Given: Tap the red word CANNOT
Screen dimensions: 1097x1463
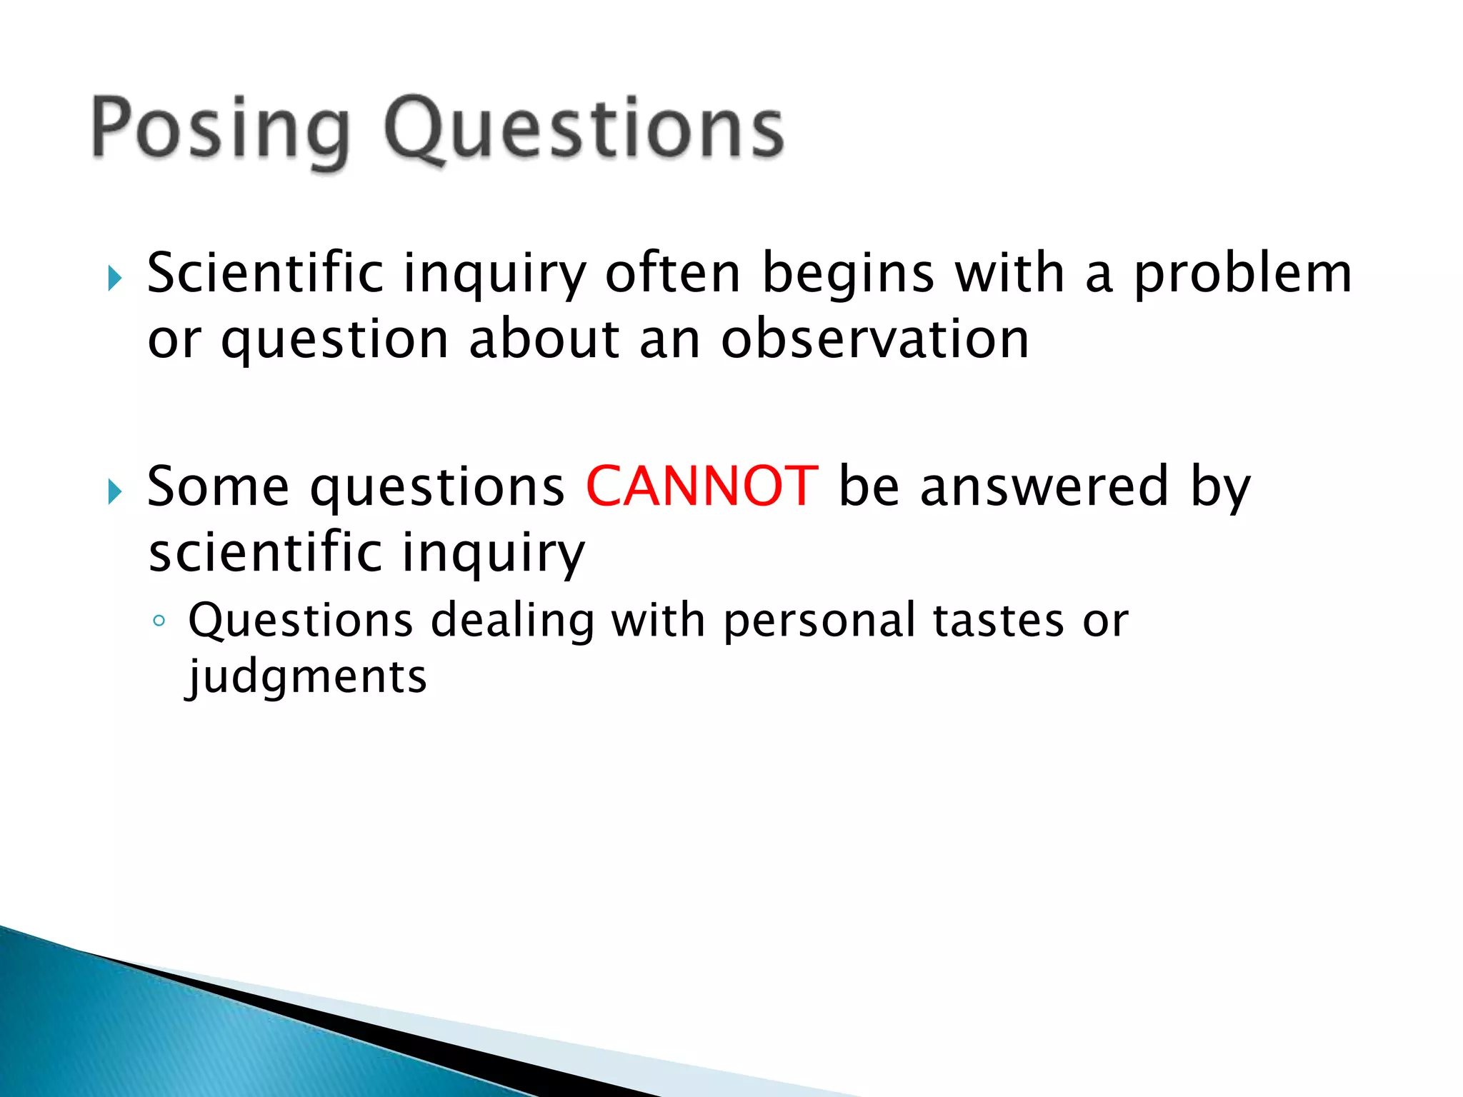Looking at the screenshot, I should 701,486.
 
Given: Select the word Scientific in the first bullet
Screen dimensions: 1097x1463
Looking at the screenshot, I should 266,274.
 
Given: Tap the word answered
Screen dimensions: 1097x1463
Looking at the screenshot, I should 1044,486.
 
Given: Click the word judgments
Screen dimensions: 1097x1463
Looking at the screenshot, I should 307,677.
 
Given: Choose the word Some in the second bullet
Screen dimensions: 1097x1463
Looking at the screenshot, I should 218,486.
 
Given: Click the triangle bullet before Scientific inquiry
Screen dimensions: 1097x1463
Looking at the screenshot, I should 115,278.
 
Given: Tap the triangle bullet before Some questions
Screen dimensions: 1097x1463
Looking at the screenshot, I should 115,491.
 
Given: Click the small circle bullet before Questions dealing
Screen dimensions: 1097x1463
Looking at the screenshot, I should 159,621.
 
